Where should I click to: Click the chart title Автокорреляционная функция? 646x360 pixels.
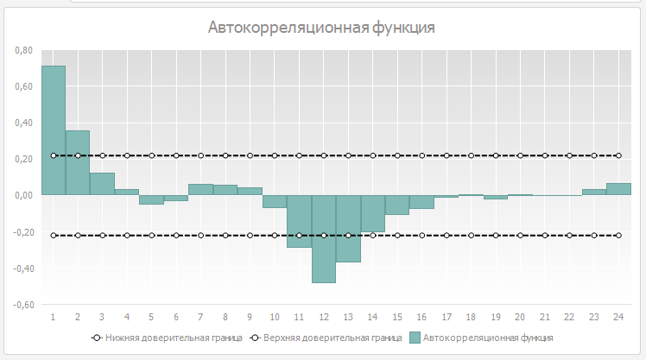pos(321,28)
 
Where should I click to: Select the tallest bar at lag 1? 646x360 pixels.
pos(54,129)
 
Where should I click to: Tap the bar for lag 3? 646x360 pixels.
pos(103,184)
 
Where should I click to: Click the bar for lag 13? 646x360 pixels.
pos(348,228)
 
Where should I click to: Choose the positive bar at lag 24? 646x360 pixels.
pos(618,189)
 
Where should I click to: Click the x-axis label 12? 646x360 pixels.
pos(324,317)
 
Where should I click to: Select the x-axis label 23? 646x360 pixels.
pos(594,317)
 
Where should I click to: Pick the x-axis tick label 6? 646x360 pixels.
pos(176,317)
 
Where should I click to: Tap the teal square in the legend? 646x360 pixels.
pos(416,338)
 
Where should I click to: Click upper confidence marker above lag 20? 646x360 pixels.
pos(520,155)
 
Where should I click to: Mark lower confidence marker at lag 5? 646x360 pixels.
pos(152,235)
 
